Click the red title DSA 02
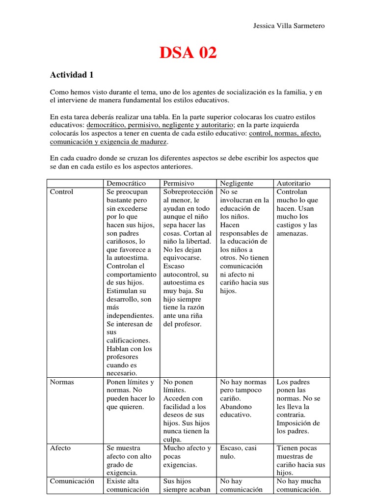coord(188,52)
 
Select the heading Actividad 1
coord(72,75)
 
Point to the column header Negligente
coord(237,183)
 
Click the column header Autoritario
coord(294,183)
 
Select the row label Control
coord(61,192)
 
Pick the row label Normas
coord(62,382)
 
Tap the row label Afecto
coord(60,448)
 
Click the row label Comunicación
coord(72,481)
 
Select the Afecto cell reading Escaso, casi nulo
coord(239,452)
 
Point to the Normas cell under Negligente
coord(243,398)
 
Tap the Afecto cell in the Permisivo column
coord(187,456)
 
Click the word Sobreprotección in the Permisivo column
coord(188,192)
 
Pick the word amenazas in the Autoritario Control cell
coord(292,233)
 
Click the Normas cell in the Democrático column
coord(130,394)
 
